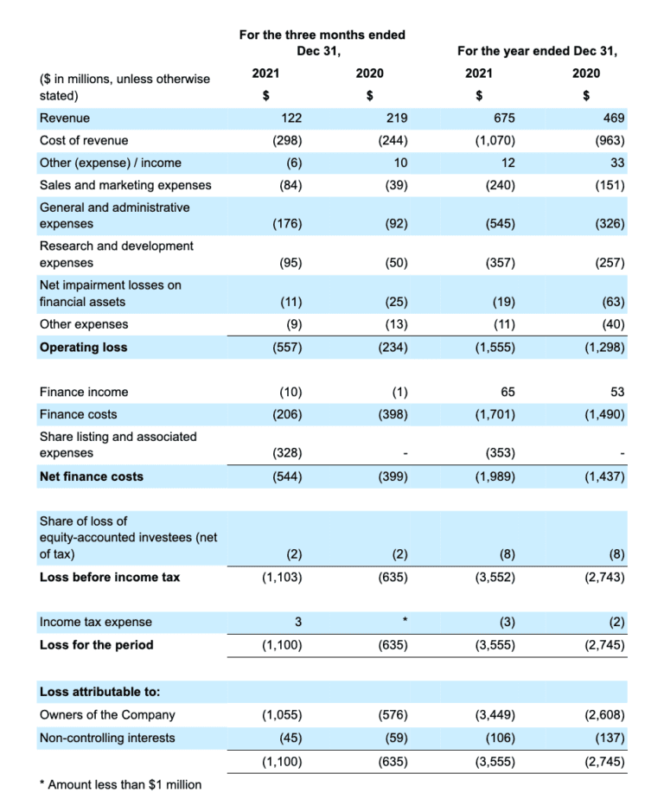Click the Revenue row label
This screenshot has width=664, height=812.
(x=65, y=118)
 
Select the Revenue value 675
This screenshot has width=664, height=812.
(x=504, y=118)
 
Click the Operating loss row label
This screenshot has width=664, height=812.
(x=83, y=347)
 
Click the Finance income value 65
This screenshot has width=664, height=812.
(x=508, y=392)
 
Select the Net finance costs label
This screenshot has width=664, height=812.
(x=92, y=476)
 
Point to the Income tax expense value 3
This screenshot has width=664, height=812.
(x=297, y=622)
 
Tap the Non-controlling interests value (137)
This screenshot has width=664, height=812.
(x=606, y=738)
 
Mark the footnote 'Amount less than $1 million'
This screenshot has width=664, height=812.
(x=120, y=784)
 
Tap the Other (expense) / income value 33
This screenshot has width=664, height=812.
(x=616, y=163)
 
